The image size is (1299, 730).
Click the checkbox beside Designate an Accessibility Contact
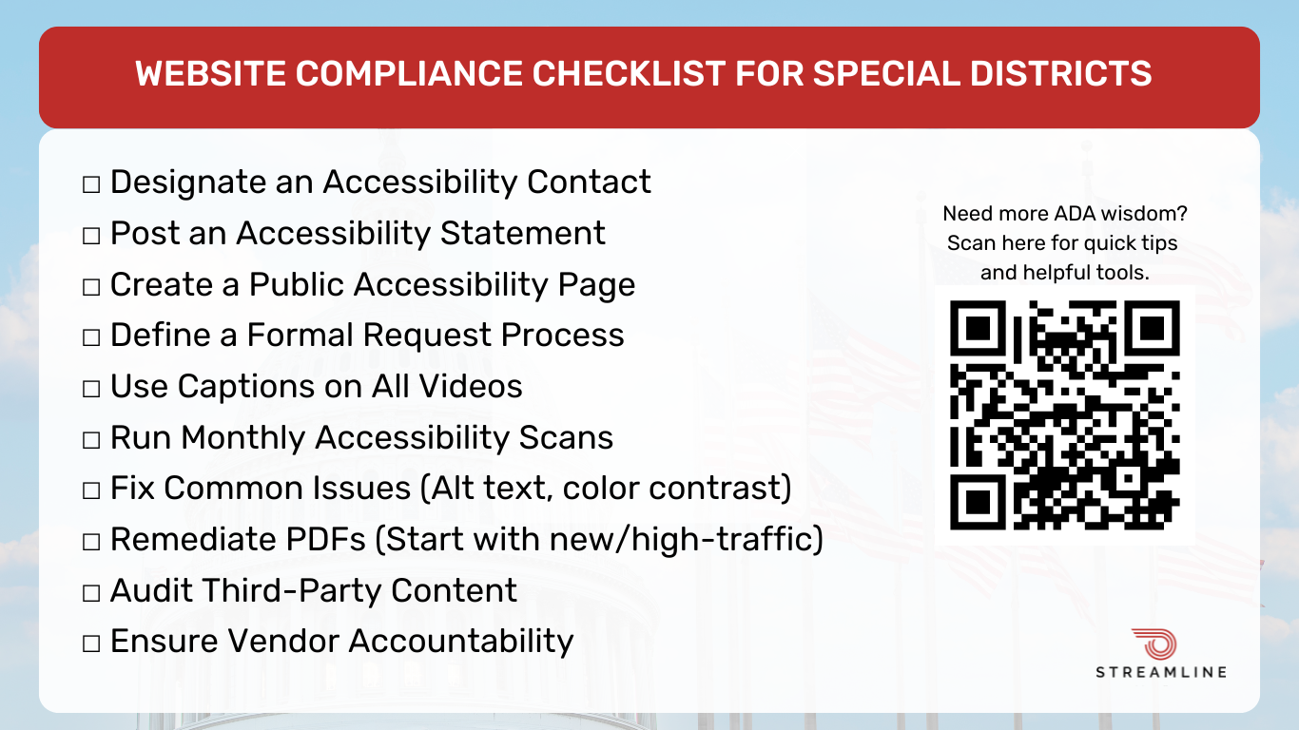pyautogui.click(x=91, y=185)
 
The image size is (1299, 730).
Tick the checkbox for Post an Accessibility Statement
pyautogui.click(x=91, y=236)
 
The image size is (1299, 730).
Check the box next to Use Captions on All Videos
pyautogui.click(x=91, y=389)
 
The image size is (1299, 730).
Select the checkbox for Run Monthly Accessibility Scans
pyautogui.click(x=91, y=440)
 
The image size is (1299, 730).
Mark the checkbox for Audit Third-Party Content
pyautogui.click(x=91, y=593)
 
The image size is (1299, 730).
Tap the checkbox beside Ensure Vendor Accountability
pyautogui.click(x=91, y=644)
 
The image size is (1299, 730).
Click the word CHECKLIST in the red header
pyautogui.click(x=629, y=73)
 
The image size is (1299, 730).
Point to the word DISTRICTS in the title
pyautogui.click(x=1060, y=73)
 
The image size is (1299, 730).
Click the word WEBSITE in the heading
pyautogui.click(x=210, y=73)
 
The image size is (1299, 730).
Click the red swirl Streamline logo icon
pyautogui.click(x=1154, y=644)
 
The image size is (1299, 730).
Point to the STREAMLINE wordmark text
pyautogui.click(x=1161, y=673)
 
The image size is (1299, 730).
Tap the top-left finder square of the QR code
pyautogui.click(x=978, y=328)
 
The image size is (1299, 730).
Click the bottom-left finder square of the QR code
pyautogui.click(x=978, y=502)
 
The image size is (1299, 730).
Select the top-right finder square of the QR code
pyautogui.click(x=1152, y=328)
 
